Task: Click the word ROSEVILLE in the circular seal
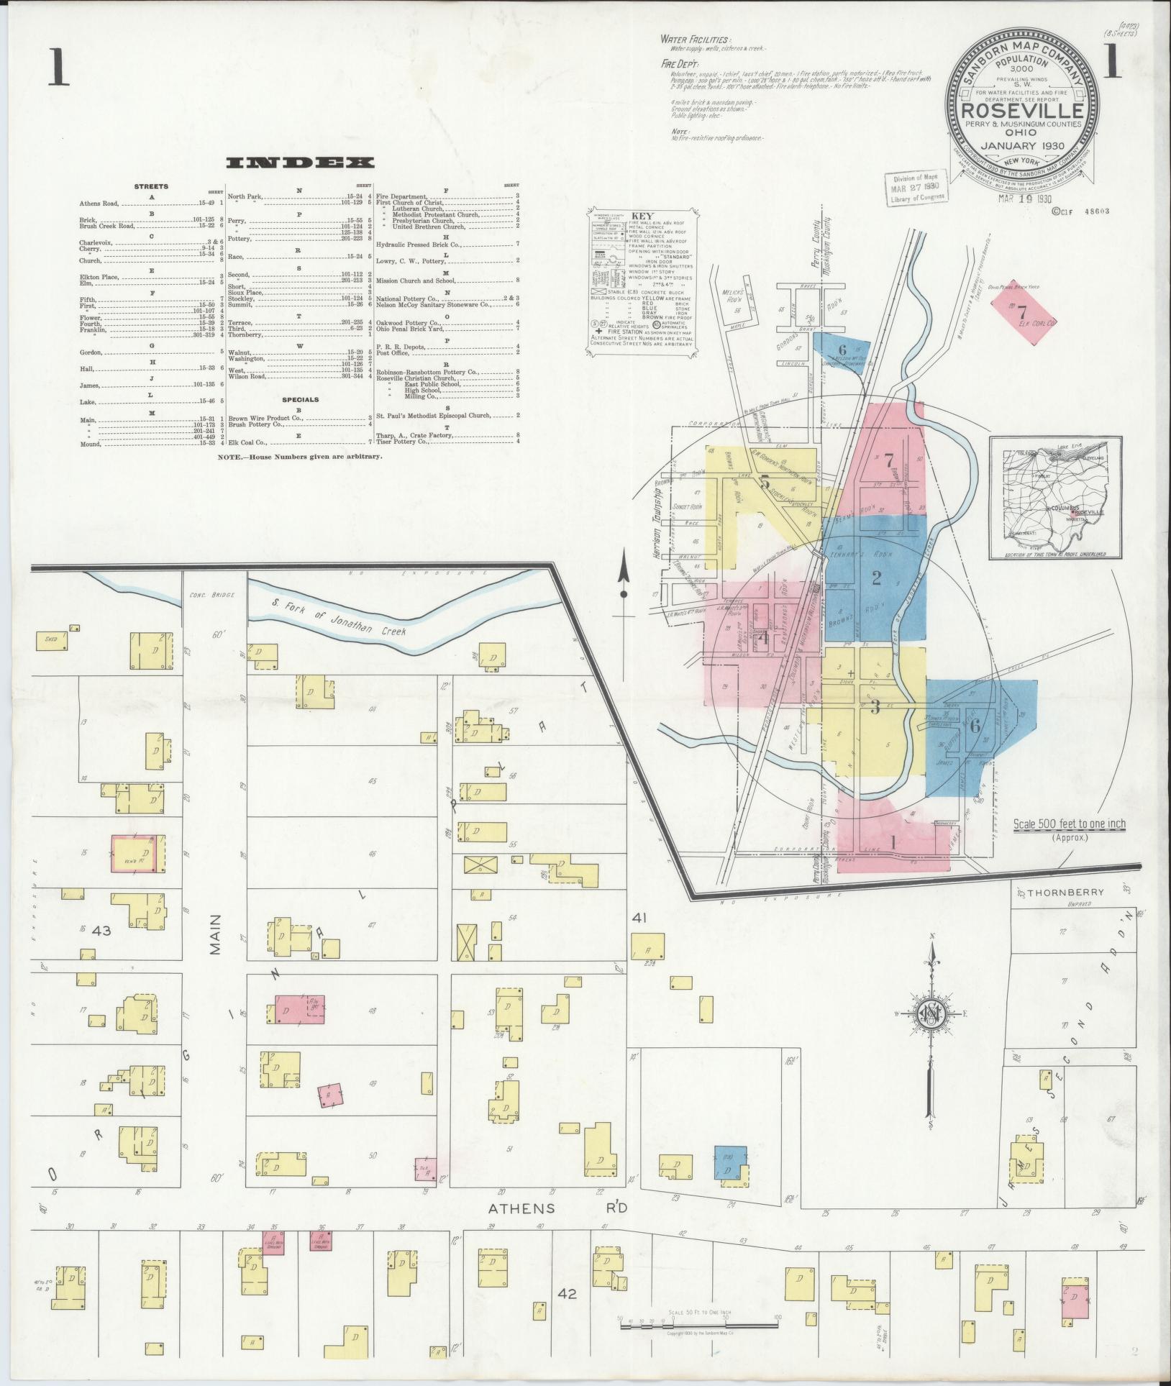pos(1023,111)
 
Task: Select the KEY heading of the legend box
pos(638,216)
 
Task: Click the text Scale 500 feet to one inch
pos(1070,824)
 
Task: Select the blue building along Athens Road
pos(730,1161)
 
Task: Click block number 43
pos(101,931)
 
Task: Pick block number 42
pos(568,1293)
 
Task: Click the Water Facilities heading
pos(696,40)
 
